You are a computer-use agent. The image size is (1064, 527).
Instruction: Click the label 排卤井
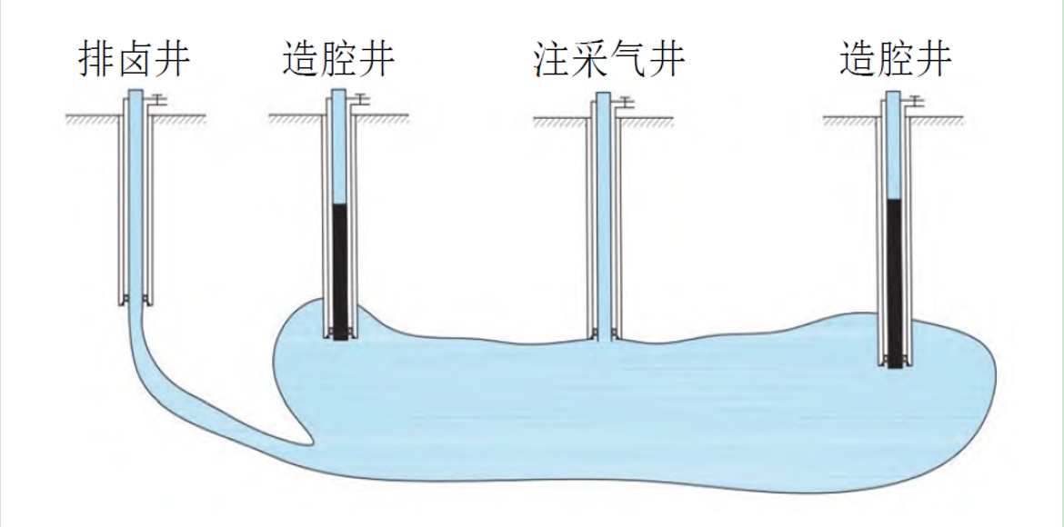(134, 60)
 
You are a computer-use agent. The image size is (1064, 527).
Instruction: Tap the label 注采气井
(608, 60)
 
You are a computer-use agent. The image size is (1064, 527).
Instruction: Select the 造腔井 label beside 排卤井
(337, 60)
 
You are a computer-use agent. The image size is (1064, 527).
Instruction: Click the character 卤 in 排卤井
(134, 60)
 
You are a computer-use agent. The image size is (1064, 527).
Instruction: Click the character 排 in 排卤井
(95, 60)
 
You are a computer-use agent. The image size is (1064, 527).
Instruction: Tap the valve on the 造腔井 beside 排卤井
(361, 98)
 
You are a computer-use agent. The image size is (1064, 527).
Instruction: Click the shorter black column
(340, 271)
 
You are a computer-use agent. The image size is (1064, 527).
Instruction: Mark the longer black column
(895, 282)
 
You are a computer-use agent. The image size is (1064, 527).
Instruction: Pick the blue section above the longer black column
(895, 145)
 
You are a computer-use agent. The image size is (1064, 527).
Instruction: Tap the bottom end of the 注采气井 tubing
(602, 337)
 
